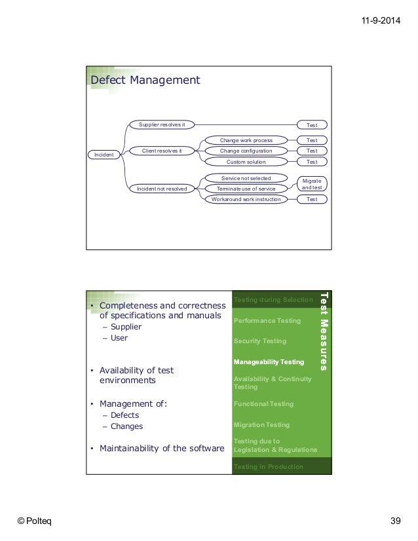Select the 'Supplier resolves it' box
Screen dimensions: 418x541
[162, 124]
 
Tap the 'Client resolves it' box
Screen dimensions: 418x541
[162, 151]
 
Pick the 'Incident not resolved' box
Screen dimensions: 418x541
[162, 189]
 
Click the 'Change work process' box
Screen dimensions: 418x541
[246, 140]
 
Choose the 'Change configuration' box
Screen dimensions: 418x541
[246, 151]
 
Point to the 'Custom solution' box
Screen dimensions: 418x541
[246, 162]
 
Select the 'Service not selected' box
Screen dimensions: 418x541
[246, 178]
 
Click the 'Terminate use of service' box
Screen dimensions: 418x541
[246, 189]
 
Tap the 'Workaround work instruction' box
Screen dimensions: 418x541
[246, 199]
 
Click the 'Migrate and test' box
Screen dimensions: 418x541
[312, 183]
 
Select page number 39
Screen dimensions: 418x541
[394, 521]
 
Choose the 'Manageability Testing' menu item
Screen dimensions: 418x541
[269, 362]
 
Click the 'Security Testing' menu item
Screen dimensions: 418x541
[261, 341]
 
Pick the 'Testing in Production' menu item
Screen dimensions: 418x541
[269, 467]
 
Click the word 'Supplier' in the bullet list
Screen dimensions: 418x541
[126, 327]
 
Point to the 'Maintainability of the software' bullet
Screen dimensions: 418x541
[161, 449]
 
